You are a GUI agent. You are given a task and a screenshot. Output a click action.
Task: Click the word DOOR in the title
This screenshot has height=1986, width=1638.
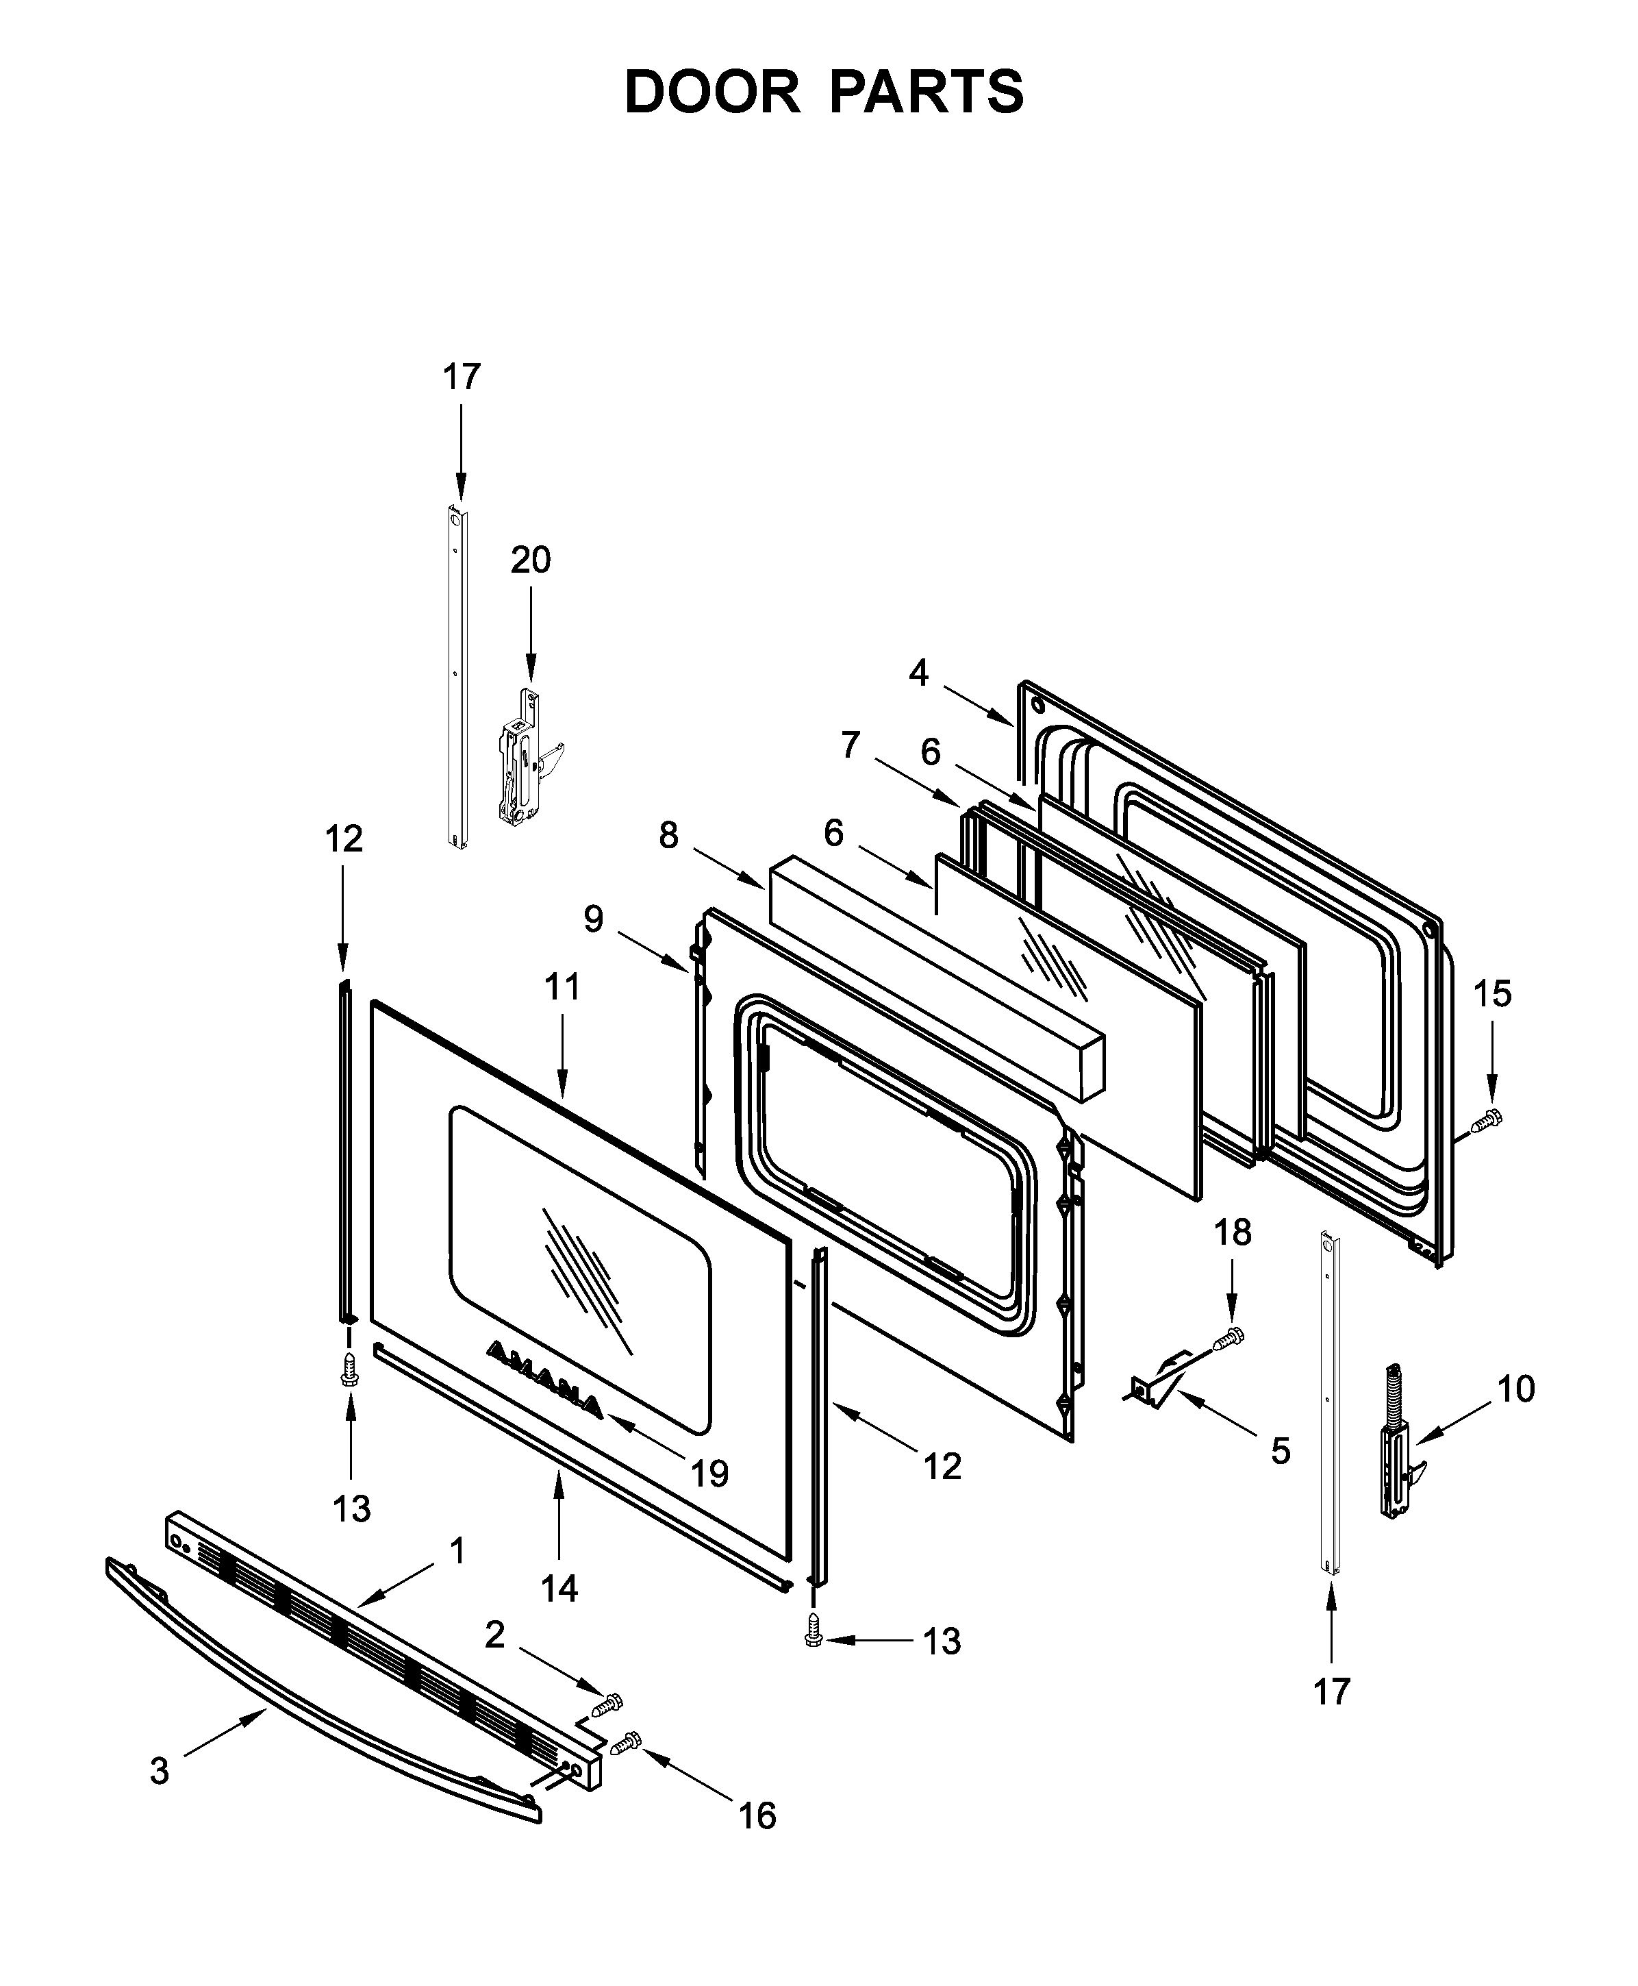711,92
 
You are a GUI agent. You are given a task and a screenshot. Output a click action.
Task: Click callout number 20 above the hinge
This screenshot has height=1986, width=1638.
530,560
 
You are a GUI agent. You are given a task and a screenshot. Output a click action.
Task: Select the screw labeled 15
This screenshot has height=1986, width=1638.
1487,1121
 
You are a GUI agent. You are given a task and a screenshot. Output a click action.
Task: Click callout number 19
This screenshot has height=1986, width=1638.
709,1474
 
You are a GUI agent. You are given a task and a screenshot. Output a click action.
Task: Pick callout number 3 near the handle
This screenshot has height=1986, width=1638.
160,1771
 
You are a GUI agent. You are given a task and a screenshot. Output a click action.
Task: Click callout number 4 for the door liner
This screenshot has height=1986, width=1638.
919,673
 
